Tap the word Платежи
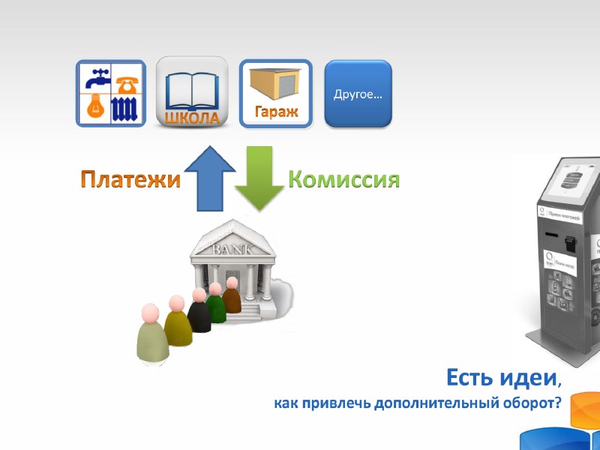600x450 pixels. click(131, 181)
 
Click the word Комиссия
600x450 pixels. click(343, 180)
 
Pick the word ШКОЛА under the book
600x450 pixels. click(192, 118)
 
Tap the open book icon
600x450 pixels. click(192, 91)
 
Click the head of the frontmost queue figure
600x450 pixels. click(151, 312)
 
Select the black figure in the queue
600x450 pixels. click(199, 315)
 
